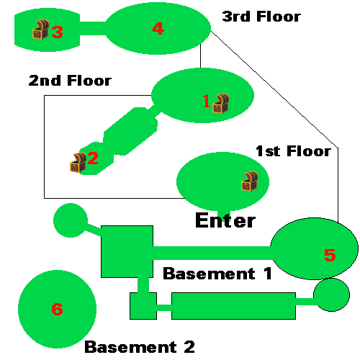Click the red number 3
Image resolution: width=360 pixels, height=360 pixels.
point(57,32)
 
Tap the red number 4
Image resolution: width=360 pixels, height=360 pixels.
point(158,29)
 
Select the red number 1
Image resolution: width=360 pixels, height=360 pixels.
point(206,101)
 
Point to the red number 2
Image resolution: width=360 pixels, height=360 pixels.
point(93,158)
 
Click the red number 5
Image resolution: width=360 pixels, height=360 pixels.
point(330,255)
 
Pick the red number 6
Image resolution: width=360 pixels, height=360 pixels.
point(57,309)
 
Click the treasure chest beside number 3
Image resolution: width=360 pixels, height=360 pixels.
point(40,29)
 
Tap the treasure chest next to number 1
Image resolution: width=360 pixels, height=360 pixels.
point(221,103)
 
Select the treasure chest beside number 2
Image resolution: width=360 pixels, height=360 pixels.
point(78,162)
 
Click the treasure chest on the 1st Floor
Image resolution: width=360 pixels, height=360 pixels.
point(250,181)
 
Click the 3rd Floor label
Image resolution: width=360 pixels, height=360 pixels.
point(261,17)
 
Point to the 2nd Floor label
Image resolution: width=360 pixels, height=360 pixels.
point(70,81)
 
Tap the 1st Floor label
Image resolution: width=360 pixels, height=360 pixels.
point(293,151)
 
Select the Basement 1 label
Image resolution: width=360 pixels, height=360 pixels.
point(217,274)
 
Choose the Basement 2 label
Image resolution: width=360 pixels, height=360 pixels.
point(140,347)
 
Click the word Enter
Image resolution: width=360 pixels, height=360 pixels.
point(225,220)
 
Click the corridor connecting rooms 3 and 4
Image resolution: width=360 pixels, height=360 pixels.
point(93,28)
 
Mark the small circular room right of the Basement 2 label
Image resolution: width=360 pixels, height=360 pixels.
point(331,295)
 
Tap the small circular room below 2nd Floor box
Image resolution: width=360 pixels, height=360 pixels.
point(71,220)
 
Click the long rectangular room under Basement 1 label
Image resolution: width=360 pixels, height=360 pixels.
point(233,306)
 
